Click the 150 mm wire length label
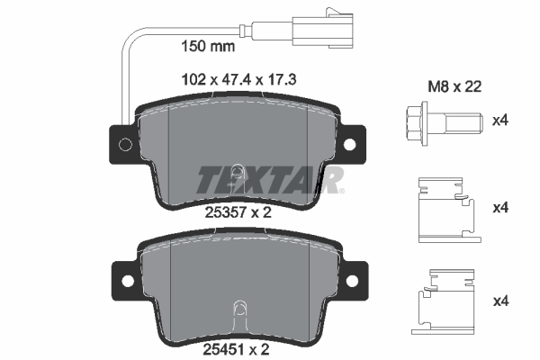[x=208, y=46]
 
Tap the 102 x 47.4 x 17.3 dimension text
[x=238, y=80]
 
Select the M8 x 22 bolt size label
[x=454, y=86]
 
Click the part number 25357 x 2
[x=238, y=212]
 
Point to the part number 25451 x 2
[x=236, y=350]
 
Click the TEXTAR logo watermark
[x=270, y=180]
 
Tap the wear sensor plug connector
[x=322, y=29]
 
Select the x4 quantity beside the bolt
[x=500, y=121]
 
